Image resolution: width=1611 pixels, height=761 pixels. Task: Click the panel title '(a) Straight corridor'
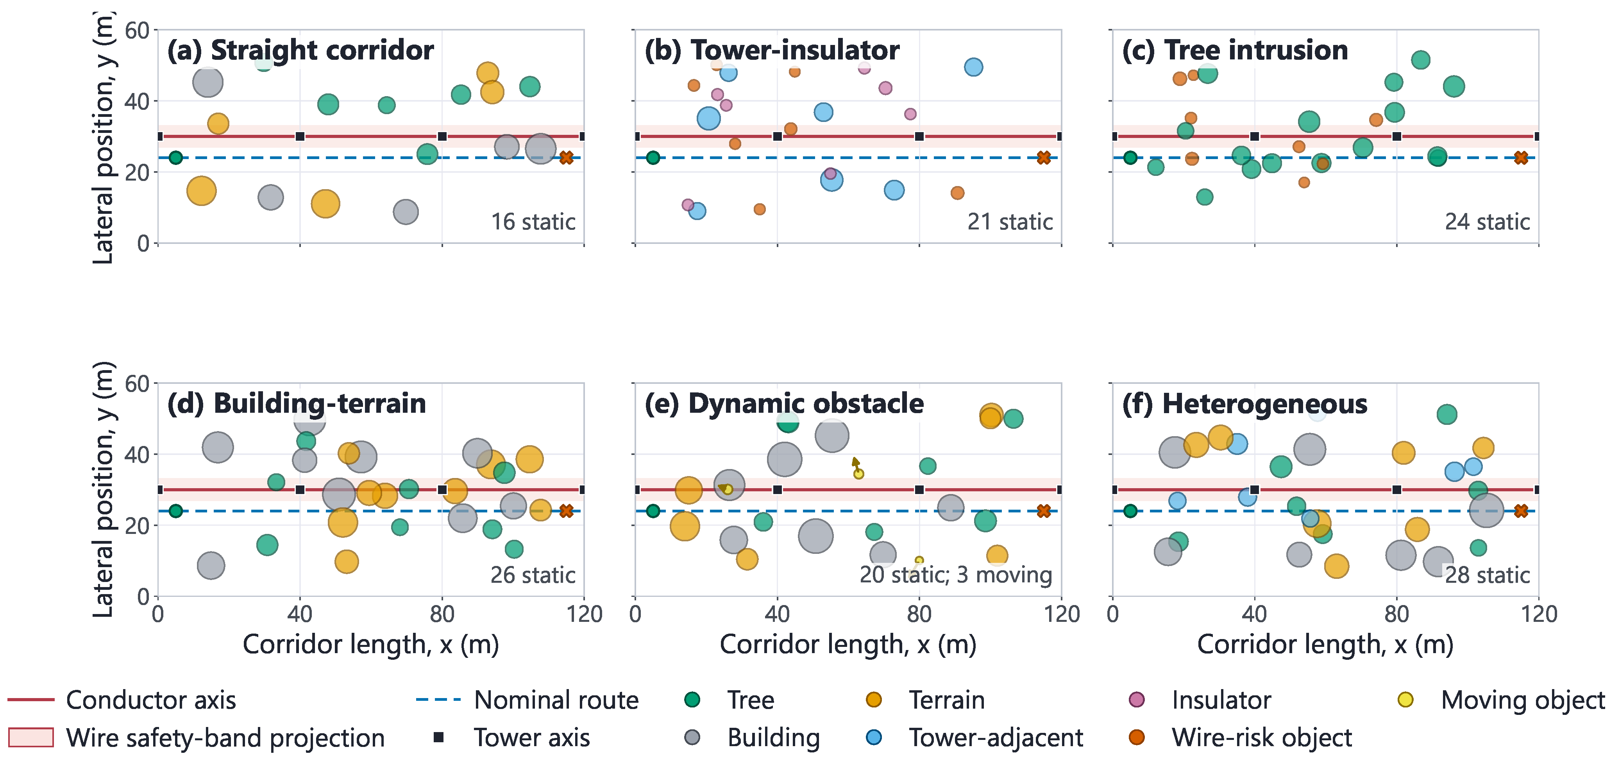click(300, 50)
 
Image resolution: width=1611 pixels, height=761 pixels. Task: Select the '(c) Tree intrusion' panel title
click(1235, 50)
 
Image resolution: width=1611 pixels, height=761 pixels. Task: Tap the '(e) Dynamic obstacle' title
click(784, 404)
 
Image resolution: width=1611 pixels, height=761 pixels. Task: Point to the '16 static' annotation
click(533, 222)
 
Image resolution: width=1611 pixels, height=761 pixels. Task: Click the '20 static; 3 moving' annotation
click(956, 575)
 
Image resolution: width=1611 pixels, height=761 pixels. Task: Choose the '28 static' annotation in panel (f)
click(1487, 575)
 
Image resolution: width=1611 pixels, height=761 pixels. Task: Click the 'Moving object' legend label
click(1523, 700)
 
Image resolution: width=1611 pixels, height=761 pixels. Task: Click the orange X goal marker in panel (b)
click(1044, 158)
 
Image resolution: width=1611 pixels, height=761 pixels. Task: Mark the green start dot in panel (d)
click(176, 511)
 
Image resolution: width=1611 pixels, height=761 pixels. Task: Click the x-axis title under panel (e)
click(848, 644)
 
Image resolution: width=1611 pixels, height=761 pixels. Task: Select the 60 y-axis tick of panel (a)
click(137, 30)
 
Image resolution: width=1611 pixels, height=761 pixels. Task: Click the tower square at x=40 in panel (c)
click(1255, 136)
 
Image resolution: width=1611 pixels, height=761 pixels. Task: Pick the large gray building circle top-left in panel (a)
click(207, 82)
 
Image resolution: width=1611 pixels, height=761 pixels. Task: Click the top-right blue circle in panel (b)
click(973, 67)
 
